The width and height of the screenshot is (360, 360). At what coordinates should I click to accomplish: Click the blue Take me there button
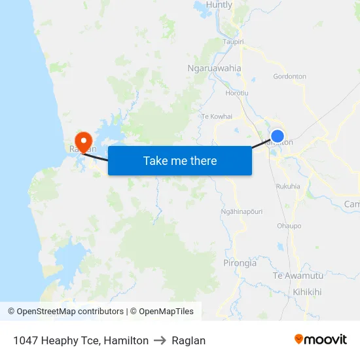(180, 160)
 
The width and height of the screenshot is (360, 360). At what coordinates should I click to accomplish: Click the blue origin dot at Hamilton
(278, 136)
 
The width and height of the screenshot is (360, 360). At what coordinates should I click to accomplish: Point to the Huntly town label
(219, 5)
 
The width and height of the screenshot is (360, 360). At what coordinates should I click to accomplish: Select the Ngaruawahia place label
(214, 68)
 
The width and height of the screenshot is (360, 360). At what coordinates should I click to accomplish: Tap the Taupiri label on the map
(233, 41)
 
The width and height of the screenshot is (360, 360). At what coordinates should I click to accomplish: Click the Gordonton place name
(289, 77)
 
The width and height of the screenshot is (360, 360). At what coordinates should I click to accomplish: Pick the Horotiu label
(236, 93)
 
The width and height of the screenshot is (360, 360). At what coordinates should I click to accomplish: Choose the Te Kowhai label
(217, 116)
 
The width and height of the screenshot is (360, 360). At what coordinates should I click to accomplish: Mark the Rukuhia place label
(288, 186)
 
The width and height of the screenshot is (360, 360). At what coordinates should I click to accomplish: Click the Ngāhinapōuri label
(242, 211)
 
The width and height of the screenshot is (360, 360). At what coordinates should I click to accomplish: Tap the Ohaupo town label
(289, 226)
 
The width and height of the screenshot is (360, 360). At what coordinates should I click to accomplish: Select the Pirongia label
(240, 263)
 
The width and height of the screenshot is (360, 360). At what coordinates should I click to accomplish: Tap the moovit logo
(321, 339)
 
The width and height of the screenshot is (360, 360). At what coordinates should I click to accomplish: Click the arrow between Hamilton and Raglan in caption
(160, 340)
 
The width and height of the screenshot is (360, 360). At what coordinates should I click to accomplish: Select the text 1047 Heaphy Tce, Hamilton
(81, 340)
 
